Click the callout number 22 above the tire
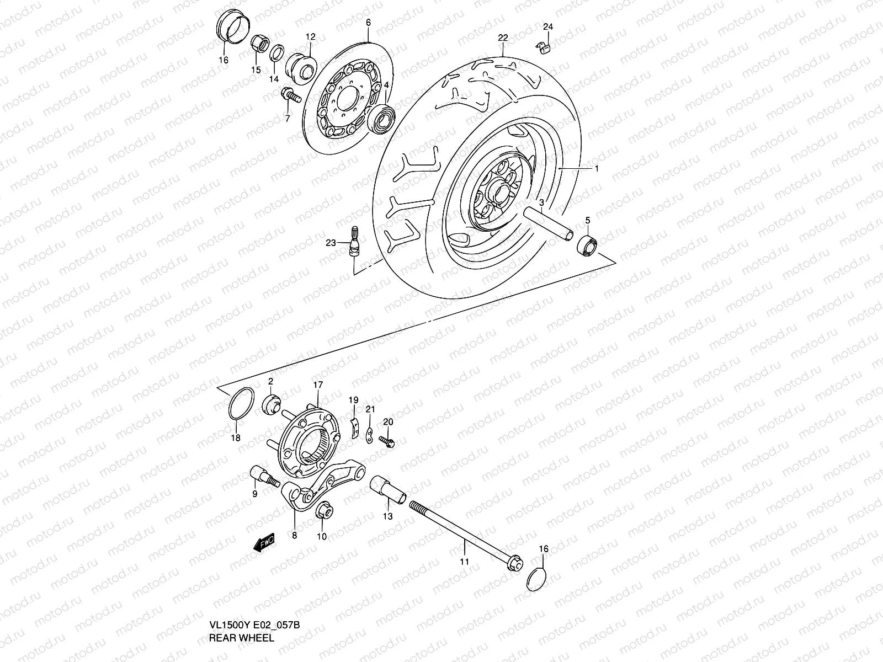[x=502, y=38]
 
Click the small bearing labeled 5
[x=588, y=244]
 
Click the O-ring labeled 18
[x=241, y=403]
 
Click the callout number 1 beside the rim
[x=596, y=169]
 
